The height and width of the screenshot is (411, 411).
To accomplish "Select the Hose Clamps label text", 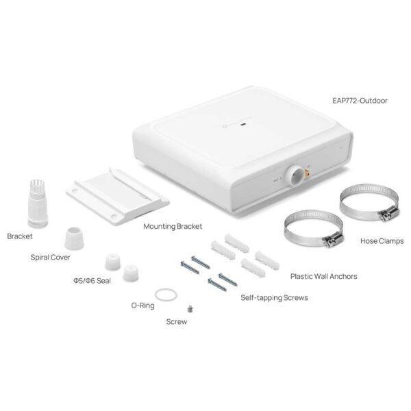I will coord(382,241).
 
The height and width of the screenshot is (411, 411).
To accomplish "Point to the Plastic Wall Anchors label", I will coord(323,277).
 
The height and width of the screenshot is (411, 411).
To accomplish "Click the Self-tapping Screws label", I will coord(274,298).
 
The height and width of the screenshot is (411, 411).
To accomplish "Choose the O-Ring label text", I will coord(142,306).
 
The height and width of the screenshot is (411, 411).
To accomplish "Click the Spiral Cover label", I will coord(50,258).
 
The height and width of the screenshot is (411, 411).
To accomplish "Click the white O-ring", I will coord(164,295).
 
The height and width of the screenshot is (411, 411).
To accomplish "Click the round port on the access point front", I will coord(295,175).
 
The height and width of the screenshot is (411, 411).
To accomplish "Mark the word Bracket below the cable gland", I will coord(20,236).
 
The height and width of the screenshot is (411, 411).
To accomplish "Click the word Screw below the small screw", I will coord(176,321).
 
